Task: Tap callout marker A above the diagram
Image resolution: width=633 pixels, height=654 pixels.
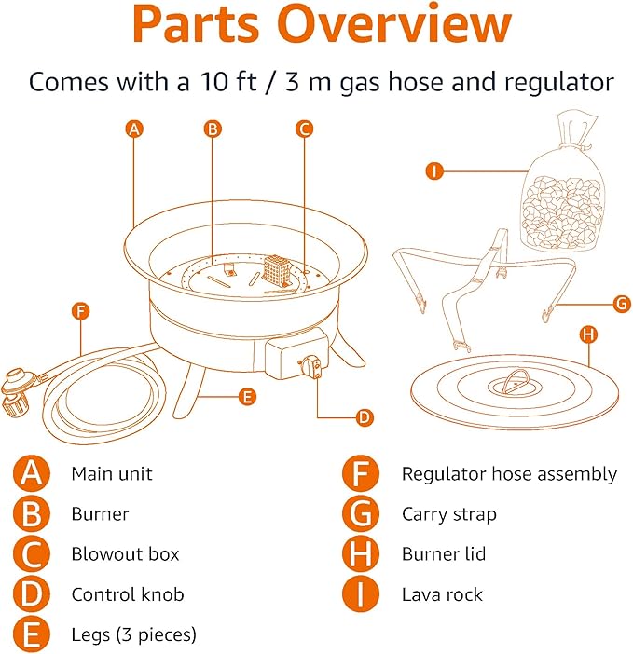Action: click(x=135, y=129)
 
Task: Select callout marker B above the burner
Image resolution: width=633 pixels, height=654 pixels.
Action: click(x=213, y=129)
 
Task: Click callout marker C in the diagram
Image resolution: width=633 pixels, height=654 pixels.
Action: click(x=303, y=129)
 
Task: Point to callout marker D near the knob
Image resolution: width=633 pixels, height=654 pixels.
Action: click(x=365, y=417)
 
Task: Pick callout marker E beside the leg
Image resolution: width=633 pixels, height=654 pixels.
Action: click(x=246, y=397)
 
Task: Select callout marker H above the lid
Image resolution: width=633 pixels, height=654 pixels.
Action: click(x=588, y=333)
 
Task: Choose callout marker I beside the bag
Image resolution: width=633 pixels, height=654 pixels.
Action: click(x=433, y=170)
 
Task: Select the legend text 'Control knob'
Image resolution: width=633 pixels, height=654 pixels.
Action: click(x=128, y=594)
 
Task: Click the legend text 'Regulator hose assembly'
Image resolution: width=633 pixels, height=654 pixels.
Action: click(x=509, y=474)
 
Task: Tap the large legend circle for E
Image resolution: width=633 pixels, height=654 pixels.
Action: click(x=33, y=635)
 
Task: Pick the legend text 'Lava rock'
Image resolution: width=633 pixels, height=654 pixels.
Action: click(x=442, y=594)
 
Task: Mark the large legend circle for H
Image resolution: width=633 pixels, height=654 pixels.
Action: click(x=361, y=554)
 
